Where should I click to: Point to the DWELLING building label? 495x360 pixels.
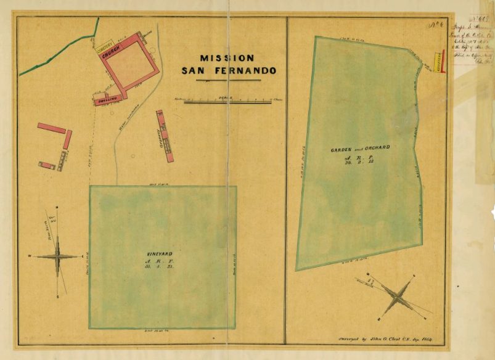point(104,100)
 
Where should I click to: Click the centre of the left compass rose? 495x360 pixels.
point(58,256)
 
